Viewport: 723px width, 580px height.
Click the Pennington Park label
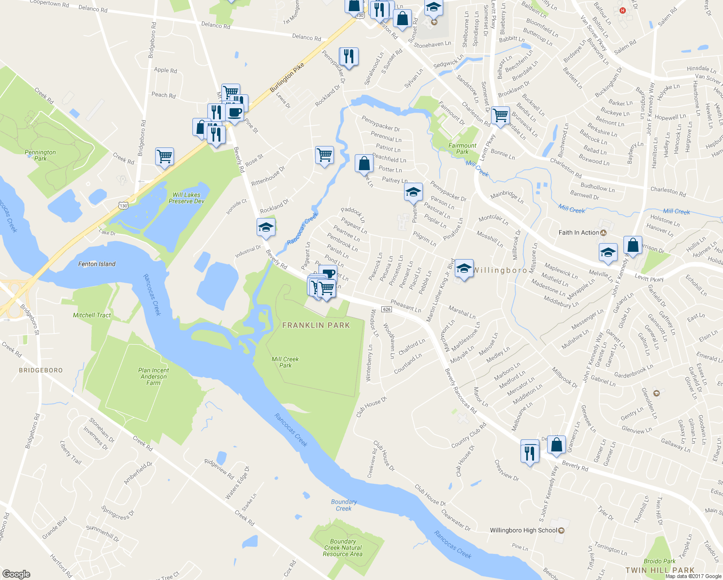pos(40,155)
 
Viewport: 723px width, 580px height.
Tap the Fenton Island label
pos(97,264)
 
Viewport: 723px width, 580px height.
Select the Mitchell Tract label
pos(92,315)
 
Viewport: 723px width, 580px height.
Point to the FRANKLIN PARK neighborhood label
pos(316,325)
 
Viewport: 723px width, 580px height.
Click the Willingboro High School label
pos(523,530)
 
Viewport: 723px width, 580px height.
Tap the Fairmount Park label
pos(463,148)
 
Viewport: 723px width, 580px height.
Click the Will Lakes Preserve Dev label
pos(187,198)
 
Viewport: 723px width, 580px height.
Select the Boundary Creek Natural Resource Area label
pos(343,548)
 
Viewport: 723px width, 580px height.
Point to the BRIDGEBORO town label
pos(41,370)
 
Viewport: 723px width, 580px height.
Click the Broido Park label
pos(659,561)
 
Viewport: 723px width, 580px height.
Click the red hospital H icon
pos(622,10)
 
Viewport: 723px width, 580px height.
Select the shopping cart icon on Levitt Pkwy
pos(500,116)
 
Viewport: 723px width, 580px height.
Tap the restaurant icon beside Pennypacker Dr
pos(348,57)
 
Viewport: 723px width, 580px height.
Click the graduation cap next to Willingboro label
pos(463,268)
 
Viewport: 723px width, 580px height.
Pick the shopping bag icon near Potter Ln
pos(364,163)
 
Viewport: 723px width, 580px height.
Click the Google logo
pos(16,574)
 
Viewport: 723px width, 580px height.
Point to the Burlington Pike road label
pos(287,77)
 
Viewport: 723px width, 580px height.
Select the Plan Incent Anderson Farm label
pos(154,377)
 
